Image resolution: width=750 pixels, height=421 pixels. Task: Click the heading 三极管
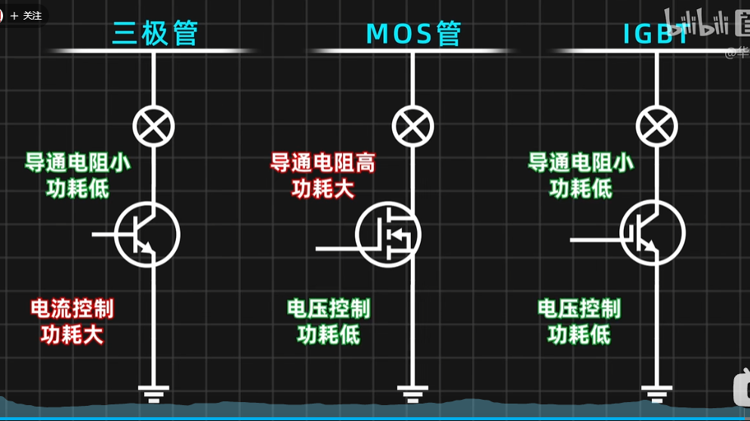[155, 33]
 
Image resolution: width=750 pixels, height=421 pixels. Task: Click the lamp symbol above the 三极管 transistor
[154, 125]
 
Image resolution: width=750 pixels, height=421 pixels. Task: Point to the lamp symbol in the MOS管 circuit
[413, 125]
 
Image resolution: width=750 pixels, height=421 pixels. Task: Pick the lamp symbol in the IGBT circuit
[656, 125]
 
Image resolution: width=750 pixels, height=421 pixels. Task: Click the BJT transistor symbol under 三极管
[147, 234]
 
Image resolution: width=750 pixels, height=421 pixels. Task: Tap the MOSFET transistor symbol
[388, 234]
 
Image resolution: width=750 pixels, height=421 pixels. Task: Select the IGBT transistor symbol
[652, 232]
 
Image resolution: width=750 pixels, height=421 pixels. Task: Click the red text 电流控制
[73, 308]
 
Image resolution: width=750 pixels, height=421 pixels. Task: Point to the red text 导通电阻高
[323, 163]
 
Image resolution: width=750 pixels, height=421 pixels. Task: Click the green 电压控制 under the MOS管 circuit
[329, 308]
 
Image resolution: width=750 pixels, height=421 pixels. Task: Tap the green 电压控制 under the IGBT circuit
[579, 308]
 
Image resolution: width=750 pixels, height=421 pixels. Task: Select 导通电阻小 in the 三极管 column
[78, 163]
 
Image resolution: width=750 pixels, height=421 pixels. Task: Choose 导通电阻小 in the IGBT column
[581, 163]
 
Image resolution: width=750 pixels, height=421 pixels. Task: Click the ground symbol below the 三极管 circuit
[154, 392]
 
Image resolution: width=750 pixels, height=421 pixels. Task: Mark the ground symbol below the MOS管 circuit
[412, 392]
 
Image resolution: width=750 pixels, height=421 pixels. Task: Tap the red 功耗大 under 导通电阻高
[323, 188]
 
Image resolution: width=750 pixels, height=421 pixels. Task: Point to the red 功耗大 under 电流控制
[73, 334]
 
